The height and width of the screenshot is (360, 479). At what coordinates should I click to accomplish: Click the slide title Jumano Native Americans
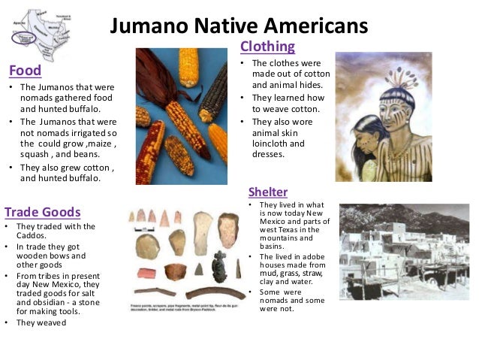pyautogui.click(x=239, y=26)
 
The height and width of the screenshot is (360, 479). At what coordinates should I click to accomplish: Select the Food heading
pyautogui.click(x=25, y=71)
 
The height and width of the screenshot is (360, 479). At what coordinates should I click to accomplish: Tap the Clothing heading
pyautogui.click(x=267, y=47)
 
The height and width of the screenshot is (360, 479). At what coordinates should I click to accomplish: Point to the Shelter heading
pyautogui.click(x=268, y=192)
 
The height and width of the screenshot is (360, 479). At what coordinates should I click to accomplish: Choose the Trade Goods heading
pyautogui.click(x=42, y=211)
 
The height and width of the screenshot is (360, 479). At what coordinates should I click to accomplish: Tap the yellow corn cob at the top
pyautogui.click(x=189, y=67)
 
